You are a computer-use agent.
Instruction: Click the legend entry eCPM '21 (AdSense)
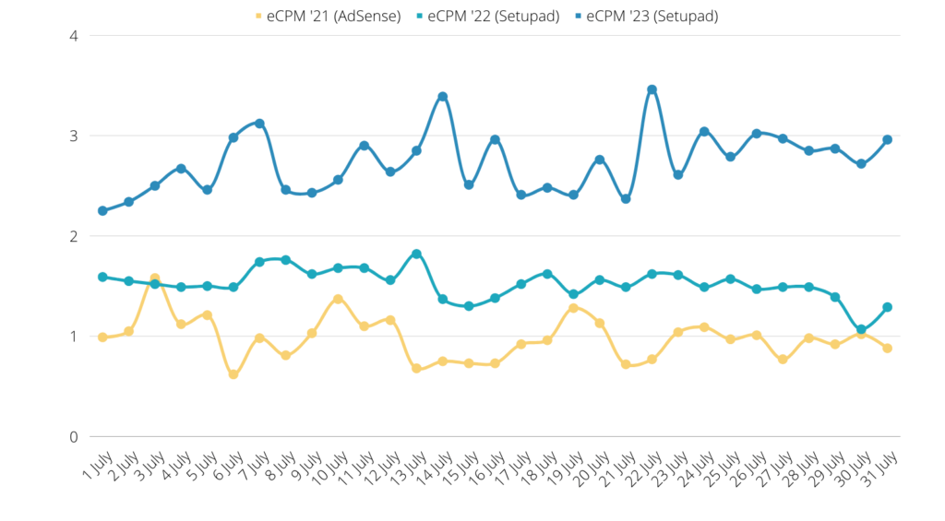[328, 16]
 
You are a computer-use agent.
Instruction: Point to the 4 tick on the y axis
[73, 36]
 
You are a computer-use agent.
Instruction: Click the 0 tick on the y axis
[73, 436]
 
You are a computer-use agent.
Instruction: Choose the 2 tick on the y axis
[73, 236]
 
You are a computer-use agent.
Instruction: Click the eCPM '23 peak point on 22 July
[652, 89]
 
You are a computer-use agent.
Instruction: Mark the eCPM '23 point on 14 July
[443, 97]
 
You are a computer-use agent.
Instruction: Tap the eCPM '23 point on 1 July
[102, 211]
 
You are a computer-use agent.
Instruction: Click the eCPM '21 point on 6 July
[233, 374]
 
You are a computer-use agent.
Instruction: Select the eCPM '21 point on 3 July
[155, 278]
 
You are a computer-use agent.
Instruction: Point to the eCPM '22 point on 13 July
[416, 254]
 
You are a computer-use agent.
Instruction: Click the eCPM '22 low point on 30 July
[861, 329]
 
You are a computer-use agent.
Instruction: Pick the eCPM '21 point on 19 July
[573, 308]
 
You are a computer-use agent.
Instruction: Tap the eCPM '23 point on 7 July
[259, 124]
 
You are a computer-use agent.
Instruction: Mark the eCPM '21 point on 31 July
[887, 348]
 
